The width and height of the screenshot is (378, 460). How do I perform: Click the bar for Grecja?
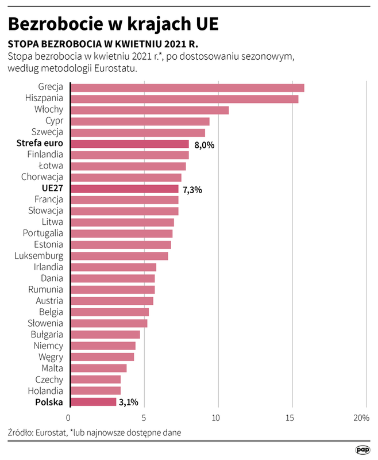tap(187, 87)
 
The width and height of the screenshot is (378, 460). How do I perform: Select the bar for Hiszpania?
tap(184, 99)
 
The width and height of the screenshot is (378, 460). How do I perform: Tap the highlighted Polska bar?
tap(93, 402)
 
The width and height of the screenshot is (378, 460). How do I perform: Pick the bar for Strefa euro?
tap(129, 144)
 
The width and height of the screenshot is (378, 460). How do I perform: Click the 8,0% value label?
tap(205, 144)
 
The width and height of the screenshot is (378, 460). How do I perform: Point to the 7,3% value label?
tap(192, 189)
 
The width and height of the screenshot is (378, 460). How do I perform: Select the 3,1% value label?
tap(128, 402)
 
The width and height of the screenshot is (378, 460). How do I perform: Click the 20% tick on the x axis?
tap(362, 417)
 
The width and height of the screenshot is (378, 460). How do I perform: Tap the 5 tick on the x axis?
tap(144, 417)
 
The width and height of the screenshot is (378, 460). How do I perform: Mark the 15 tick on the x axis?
tap(292, 417)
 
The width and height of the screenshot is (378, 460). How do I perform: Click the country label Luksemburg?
tap(39, 256)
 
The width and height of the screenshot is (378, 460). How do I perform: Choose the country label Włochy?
tap(49, 110)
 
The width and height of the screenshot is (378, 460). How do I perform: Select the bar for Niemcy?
tap(103, 346)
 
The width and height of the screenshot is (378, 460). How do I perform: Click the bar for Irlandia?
tap(113, 267)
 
